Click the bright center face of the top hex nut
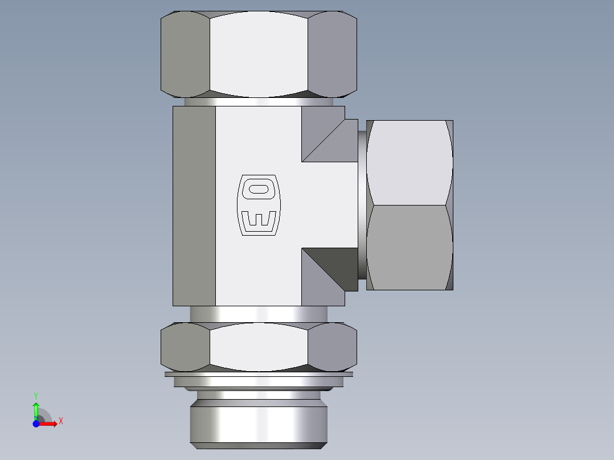coord(259,54)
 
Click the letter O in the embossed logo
coord(259,189)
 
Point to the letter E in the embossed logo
coord(259,220)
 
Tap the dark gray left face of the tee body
coord(194,206)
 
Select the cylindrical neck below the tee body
coord(259,314)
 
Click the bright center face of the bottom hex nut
coord(259,346)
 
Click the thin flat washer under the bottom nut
coord(259,374)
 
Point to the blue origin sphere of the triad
coord(36,424)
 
